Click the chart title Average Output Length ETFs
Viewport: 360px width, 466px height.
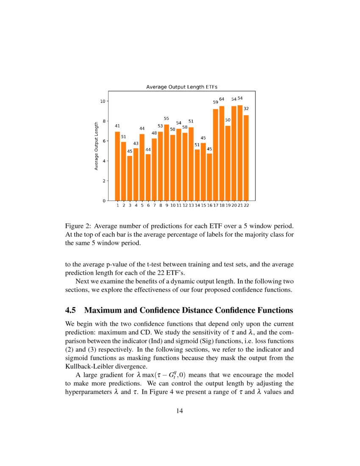(181, 87)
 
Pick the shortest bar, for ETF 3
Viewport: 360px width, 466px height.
(130, 178)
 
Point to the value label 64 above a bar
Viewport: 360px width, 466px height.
(222, 99)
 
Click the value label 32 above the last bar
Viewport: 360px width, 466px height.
(246, 108)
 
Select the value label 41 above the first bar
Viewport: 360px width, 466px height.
(117, 126)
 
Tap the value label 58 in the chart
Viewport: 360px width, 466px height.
(185, 127)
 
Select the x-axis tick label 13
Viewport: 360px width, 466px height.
(191, 205)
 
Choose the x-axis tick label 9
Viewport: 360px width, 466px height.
(166, 205)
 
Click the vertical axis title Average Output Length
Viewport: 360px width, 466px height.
(96, 146)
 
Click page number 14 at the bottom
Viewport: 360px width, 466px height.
(180, 410)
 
